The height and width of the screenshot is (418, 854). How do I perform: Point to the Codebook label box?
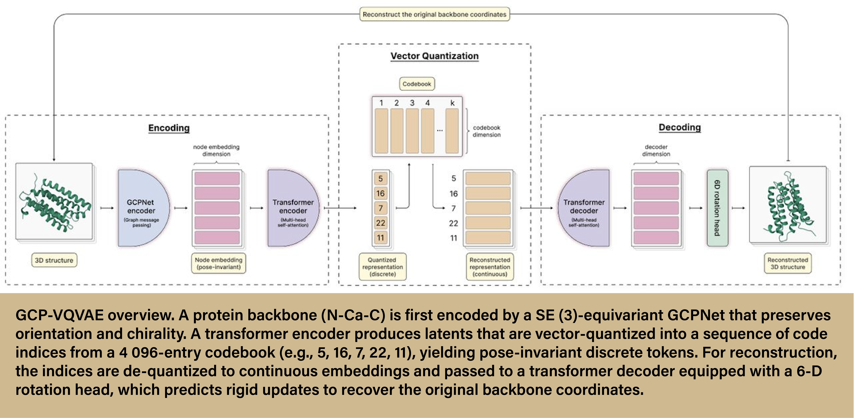[417, 84]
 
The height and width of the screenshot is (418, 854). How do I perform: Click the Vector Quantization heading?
[434, 56]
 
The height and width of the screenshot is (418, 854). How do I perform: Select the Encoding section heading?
[169, 128]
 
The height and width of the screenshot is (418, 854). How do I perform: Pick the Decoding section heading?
[680, 127]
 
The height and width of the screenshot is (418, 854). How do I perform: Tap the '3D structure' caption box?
[54, 260]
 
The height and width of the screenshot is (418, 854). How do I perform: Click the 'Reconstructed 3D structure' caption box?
[788, 264]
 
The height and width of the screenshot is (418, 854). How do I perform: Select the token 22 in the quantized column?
[381, 223]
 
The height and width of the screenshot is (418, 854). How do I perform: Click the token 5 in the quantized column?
[381, 179]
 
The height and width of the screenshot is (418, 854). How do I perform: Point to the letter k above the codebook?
[452, 103]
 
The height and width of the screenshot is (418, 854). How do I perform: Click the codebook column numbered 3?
[412, 131]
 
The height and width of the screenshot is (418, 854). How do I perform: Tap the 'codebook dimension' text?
[486, 131]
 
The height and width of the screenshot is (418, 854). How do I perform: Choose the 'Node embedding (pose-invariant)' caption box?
[218, 264]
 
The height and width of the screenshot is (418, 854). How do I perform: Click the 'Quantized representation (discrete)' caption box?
[383, 267]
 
